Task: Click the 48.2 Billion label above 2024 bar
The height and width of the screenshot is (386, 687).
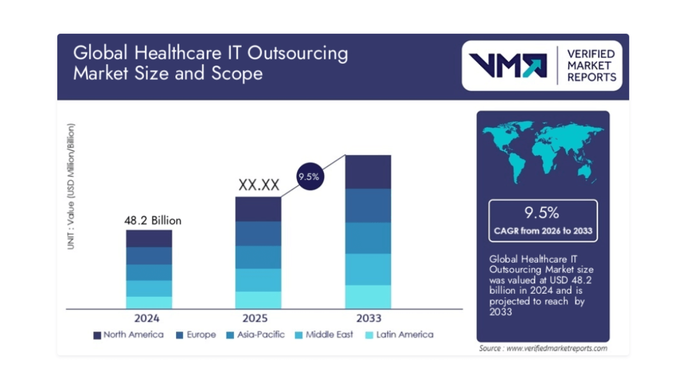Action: pyautogui.click(x=153, y=220)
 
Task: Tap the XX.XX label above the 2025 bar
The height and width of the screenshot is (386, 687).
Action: pyautogui.click(x=259, y=185)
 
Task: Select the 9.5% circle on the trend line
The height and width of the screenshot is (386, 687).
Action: pyautogui.click(x=309, y=177)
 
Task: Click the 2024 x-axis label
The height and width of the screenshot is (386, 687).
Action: pyautogui.click(x=147, y=318)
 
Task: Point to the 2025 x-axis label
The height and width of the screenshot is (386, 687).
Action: pyautogui.click(x=255, y=318)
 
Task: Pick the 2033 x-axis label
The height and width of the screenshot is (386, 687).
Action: pyautogui.click(x=368, y=318)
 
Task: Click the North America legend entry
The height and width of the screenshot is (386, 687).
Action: pyautogui.click(x=128, y=335)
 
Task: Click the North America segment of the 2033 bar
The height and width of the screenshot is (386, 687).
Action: pyautogui.click(x=368, y=172)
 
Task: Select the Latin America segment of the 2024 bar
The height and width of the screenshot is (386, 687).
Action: pyautogui.click(x=149, y=302)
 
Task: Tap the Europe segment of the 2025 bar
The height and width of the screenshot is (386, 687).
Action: pyautogui.click(x=258, y=233)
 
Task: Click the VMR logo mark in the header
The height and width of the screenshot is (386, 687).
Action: pyautogui.click(x=507, y=65)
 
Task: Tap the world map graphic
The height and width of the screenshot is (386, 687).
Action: pyautogui.click(x=543, y=150)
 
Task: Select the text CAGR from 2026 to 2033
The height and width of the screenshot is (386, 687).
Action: pyautogui.click(x=543, y=231)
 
